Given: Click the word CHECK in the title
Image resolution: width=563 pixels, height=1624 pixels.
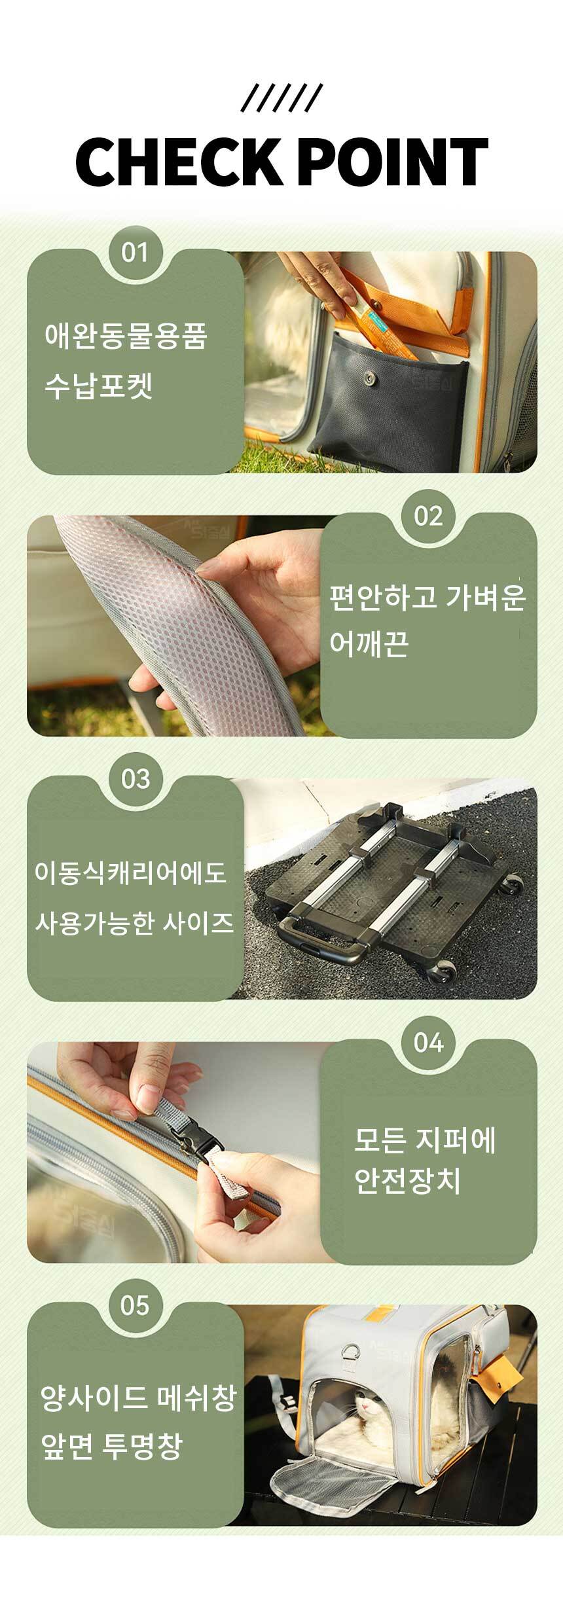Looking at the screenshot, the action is coord(177,162).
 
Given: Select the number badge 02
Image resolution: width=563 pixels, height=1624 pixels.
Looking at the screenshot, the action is coord(428,516).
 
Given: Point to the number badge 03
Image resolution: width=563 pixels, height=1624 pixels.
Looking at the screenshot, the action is coord(135,779).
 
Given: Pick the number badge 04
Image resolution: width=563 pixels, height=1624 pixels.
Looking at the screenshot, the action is coord(428,1042).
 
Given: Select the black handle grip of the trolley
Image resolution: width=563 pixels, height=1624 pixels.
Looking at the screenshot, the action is coord(323,939).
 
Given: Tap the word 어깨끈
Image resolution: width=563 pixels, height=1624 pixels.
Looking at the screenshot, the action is coord(369,643).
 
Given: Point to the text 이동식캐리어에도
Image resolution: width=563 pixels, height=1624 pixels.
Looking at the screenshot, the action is coord(130,873).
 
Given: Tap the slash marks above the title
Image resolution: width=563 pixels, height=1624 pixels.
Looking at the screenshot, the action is coord(281,98).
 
